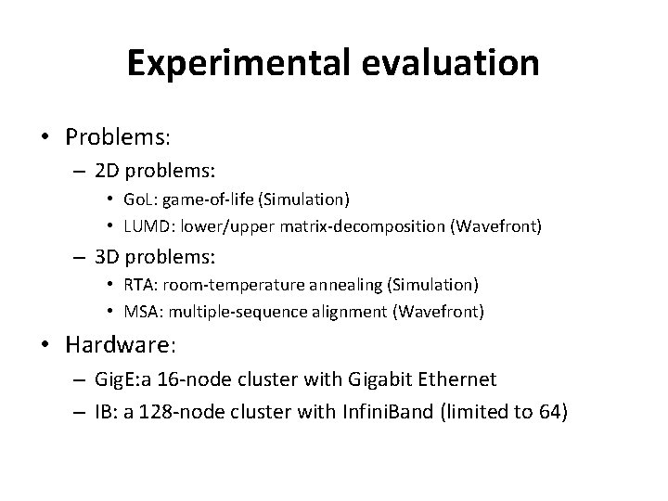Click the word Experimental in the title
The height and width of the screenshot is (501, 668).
(x=234, y=62)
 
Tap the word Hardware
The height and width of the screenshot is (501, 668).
(x=116, y=346)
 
